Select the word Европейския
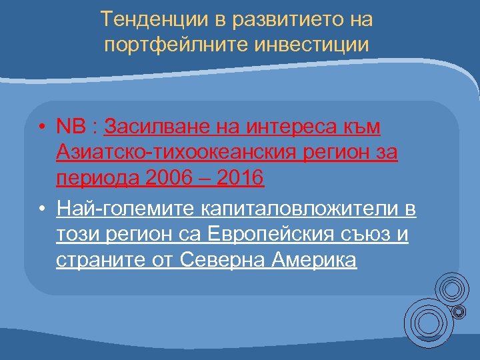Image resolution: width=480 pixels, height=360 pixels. coord(273,235)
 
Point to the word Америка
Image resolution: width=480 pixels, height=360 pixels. coord(315,261)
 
